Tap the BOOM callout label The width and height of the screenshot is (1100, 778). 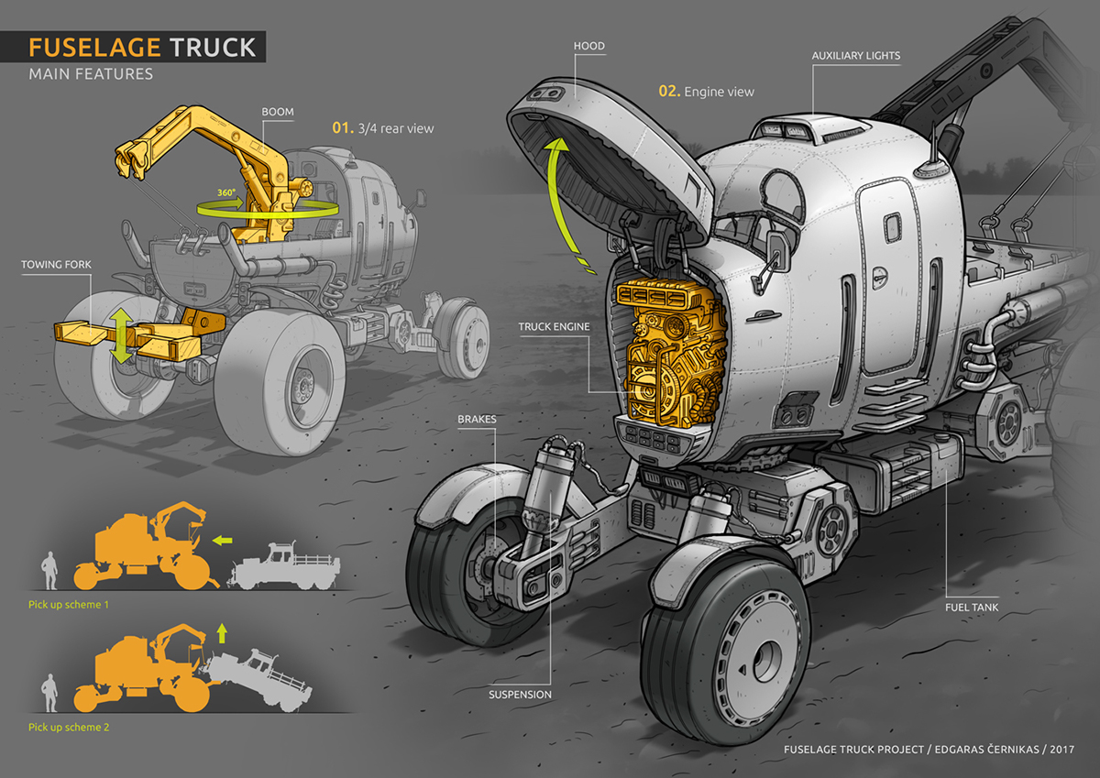pos(278,112)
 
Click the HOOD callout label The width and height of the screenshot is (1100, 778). pos(588,46)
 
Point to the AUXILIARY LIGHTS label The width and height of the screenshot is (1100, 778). pos(855,56)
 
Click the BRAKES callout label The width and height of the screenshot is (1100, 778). pos(477,420)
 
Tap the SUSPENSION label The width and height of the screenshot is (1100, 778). pos(521,695)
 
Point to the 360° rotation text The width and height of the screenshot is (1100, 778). pos(227,194)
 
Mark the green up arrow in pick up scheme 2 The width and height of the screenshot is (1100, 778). pos(222,631)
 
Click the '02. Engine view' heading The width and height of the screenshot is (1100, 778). pos(707,92)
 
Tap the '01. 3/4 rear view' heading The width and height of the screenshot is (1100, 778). pos(382,128)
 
